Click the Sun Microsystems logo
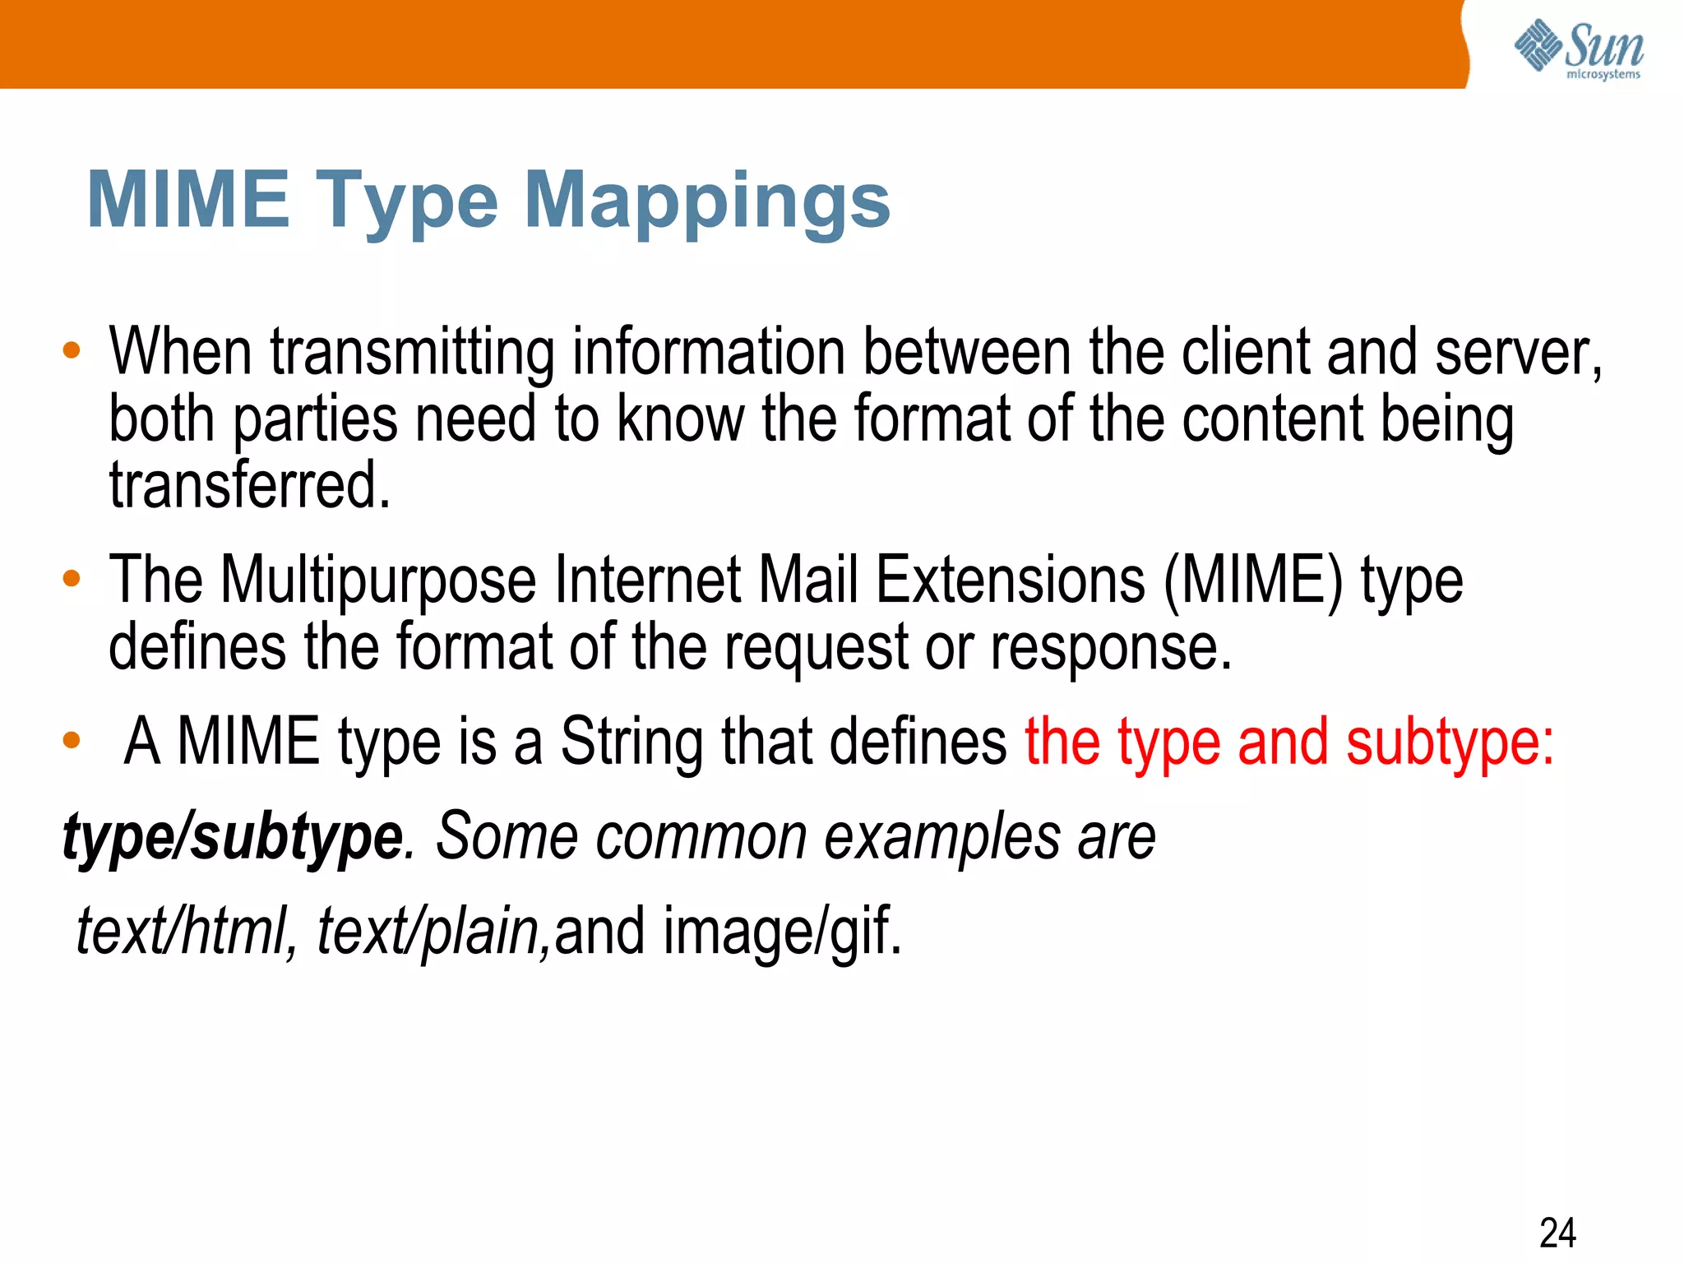(1579, 49)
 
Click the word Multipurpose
(378, 581)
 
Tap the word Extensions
(1010, 581)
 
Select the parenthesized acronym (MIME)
(1253, 581)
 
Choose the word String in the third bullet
(631, 742)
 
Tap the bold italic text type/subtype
(233, 837)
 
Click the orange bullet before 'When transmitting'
(72, 351)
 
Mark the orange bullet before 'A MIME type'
(72, 741)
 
